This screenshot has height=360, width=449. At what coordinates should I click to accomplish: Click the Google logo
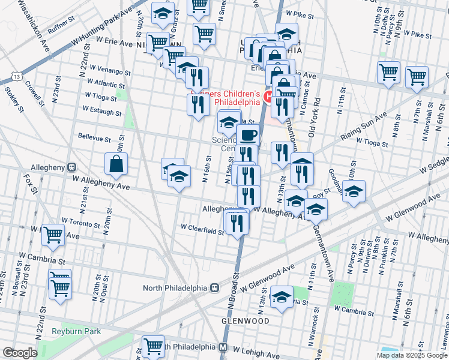20,353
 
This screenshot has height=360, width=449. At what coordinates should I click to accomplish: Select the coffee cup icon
249,135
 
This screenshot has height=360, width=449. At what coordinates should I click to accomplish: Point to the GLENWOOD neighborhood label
245,321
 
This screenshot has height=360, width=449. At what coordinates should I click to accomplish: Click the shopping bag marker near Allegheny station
116,164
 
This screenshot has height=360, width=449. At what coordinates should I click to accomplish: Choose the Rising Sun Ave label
364,128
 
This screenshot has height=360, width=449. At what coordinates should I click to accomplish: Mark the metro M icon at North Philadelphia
223,347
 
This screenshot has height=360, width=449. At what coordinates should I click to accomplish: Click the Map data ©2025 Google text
412,355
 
